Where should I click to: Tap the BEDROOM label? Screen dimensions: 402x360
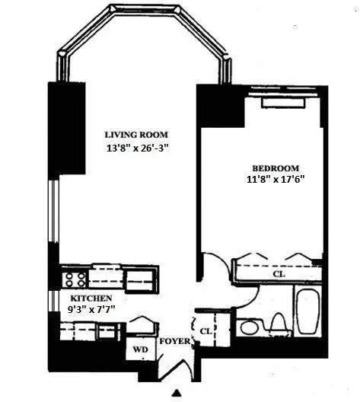pyautogui.click(x=276, y=168)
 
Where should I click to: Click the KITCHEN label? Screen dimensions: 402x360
pyautogui.click(x=92, y=298)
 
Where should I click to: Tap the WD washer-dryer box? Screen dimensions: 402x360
pyautogui.click(x=141, y=351)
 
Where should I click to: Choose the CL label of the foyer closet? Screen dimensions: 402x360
pyautogui.click(x=205, y=330)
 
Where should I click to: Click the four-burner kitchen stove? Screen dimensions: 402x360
pyautogui.click(x=75, y=279)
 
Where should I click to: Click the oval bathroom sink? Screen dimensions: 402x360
pyautogui.click(x=248, y=328)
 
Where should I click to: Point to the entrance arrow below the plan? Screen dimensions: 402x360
pyautogui.click(x=177, y=394)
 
